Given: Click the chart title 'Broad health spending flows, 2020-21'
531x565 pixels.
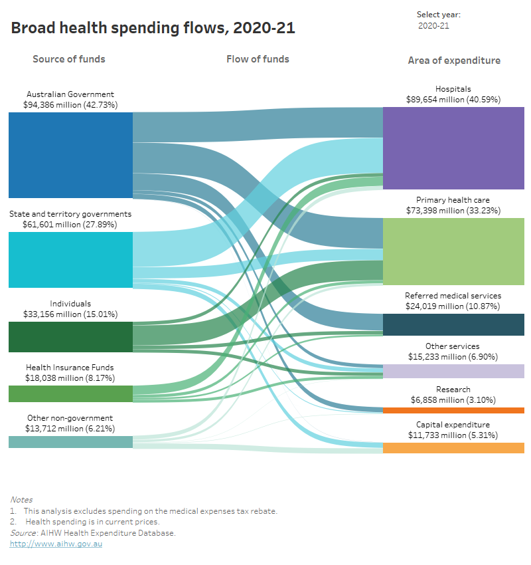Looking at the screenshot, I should pyautogui.click(x=153, y=28).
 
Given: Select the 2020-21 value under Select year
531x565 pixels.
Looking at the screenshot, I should pyautogui.click(x=434, y=26).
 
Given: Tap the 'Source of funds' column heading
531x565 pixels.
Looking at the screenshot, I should pyautogui.click(x=69, y=59).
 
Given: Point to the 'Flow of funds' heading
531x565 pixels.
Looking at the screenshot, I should pyautogui.click(x=258, y=59).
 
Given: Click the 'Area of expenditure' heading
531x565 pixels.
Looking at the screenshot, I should pyautogui.click(x=453, y=60).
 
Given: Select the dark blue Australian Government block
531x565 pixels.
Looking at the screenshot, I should pyautogui.click(x=70, y=155).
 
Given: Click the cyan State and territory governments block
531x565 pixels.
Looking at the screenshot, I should pyautogui.click(x=70, y=259).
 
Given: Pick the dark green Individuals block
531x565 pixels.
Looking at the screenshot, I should pyautogui.click(x=70, y=336).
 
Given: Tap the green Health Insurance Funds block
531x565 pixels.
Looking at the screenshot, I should pyautogui.click(x=70, y=394).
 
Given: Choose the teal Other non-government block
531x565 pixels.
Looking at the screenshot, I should pyautogui.click(x=70, y=441).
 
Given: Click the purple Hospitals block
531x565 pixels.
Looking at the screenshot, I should pyautogui.click(x=453, y=148).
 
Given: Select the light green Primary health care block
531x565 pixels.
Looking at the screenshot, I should pyautogui.click(x=453, y=251).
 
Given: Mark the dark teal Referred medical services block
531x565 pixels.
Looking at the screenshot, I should pyautogui.click(x=453, y=324).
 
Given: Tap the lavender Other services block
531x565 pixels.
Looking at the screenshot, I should pyautogui.click(x=453, y=371).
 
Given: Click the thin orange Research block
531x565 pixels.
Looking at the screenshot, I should pyautogui.click(x=453, y=410).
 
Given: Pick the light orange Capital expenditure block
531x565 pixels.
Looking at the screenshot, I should pyautogui.click(x=453, y=448).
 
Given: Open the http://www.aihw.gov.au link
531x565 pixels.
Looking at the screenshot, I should pyautogui.click(x=56, y=544).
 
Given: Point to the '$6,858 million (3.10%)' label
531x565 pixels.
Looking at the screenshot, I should pyautogui.click(x=453, y=400).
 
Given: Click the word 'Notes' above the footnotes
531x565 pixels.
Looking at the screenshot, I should pyautogui.click(x=21, y=500).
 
